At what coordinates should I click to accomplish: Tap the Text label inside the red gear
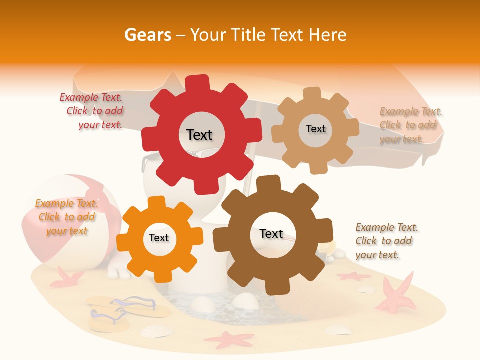(x=199, y=135)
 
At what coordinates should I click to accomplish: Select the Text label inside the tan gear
(x=315, y=129)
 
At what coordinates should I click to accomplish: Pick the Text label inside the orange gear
(x=159, y=238)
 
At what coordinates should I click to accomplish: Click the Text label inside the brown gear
(x=271, y=234)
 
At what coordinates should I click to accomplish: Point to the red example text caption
(x=91, y=111)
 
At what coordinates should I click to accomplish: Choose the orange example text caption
(x=66, y=217)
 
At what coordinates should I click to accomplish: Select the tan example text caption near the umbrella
(x=411, y=125)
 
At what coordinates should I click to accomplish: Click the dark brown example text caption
(x=386, y=241)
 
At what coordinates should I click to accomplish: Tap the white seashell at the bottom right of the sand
(x=338, y=329)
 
